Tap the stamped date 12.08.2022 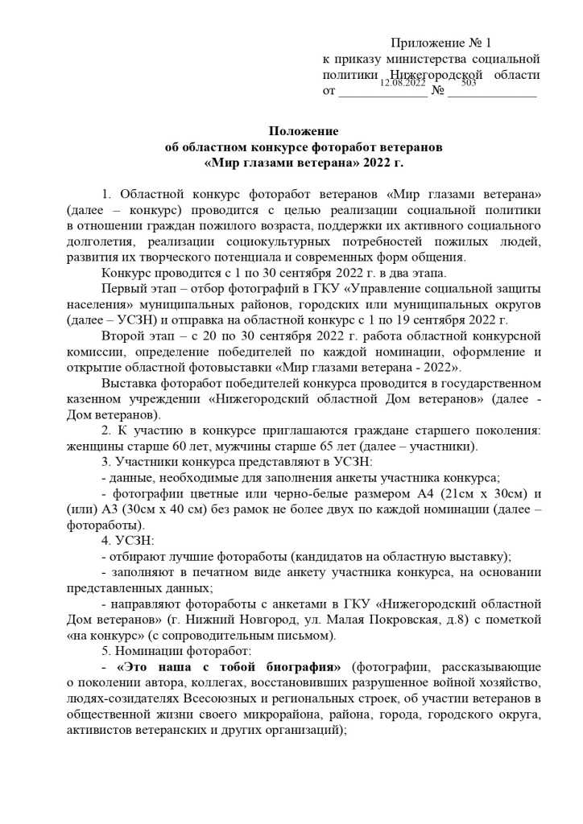[403, 83]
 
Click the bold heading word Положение [304, 131]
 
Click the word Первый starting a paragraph [123, 288]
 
